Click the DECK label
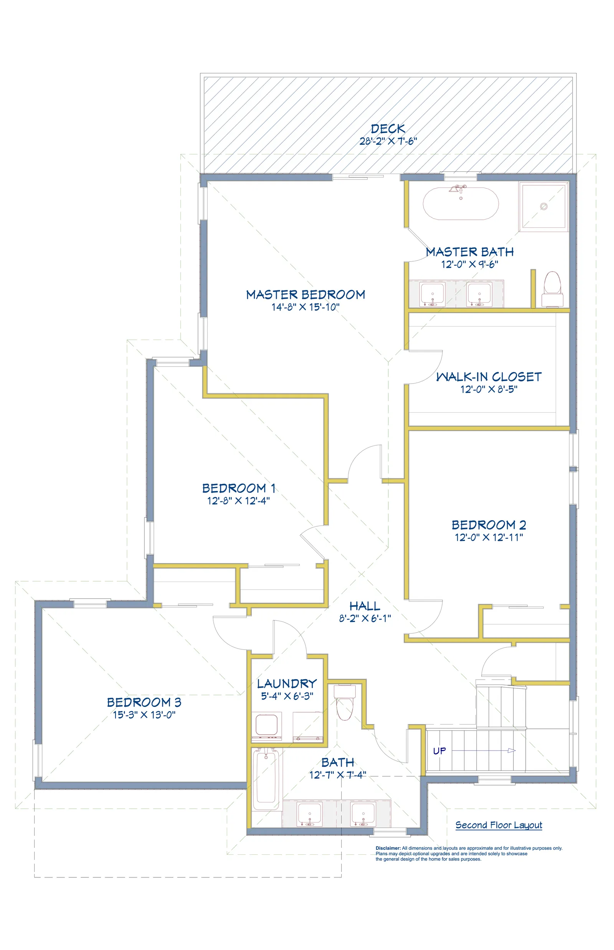click(388, 128)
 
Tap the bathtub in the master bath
click(460, 203)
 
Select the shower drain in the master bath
click(543, 206)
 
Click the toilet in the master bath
click(553, 289)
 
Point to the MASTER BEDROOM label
click(305, 295)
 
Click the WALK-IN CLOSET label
click(489, 376)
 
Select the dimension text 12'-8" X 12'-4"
click(238, 500)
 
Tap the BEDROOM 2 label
click(489, 525)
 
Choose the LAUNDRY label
click(287, 683)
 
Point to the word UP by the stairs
click(439, 751)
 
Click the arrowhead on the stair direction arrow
click(512, 751)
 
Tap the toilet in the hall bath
click(345, 702)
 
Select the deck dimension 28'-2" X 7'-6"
click(388, 141)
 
